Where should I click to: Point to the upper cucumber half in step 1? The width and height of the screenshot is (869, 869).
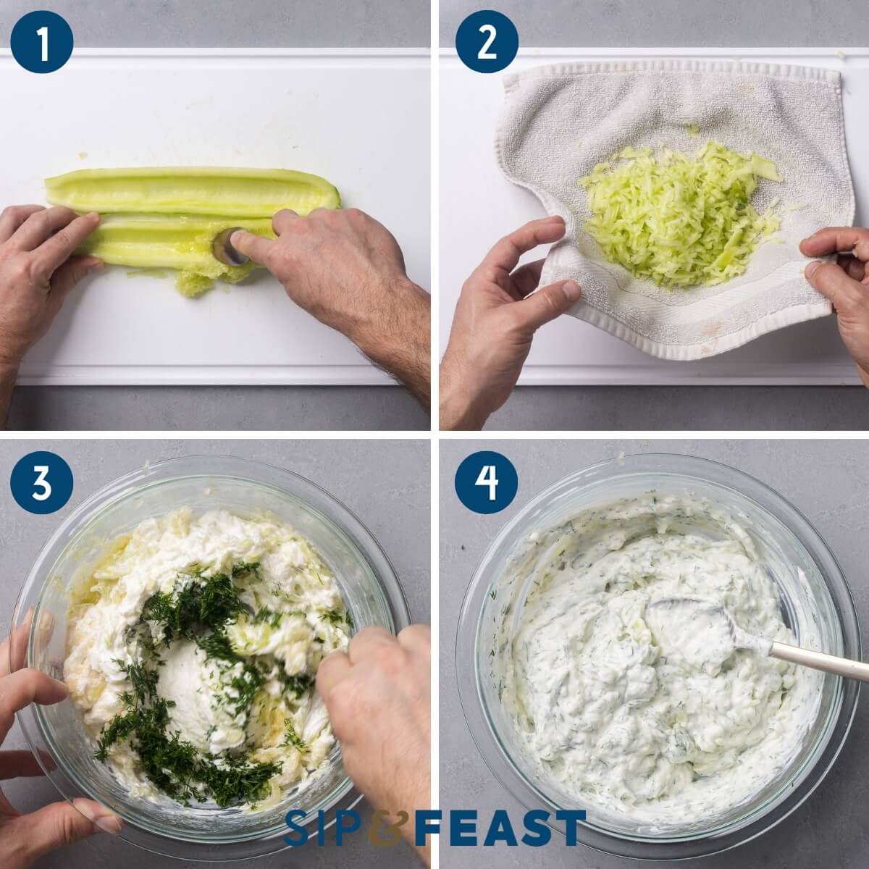(x=192, y=190)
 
